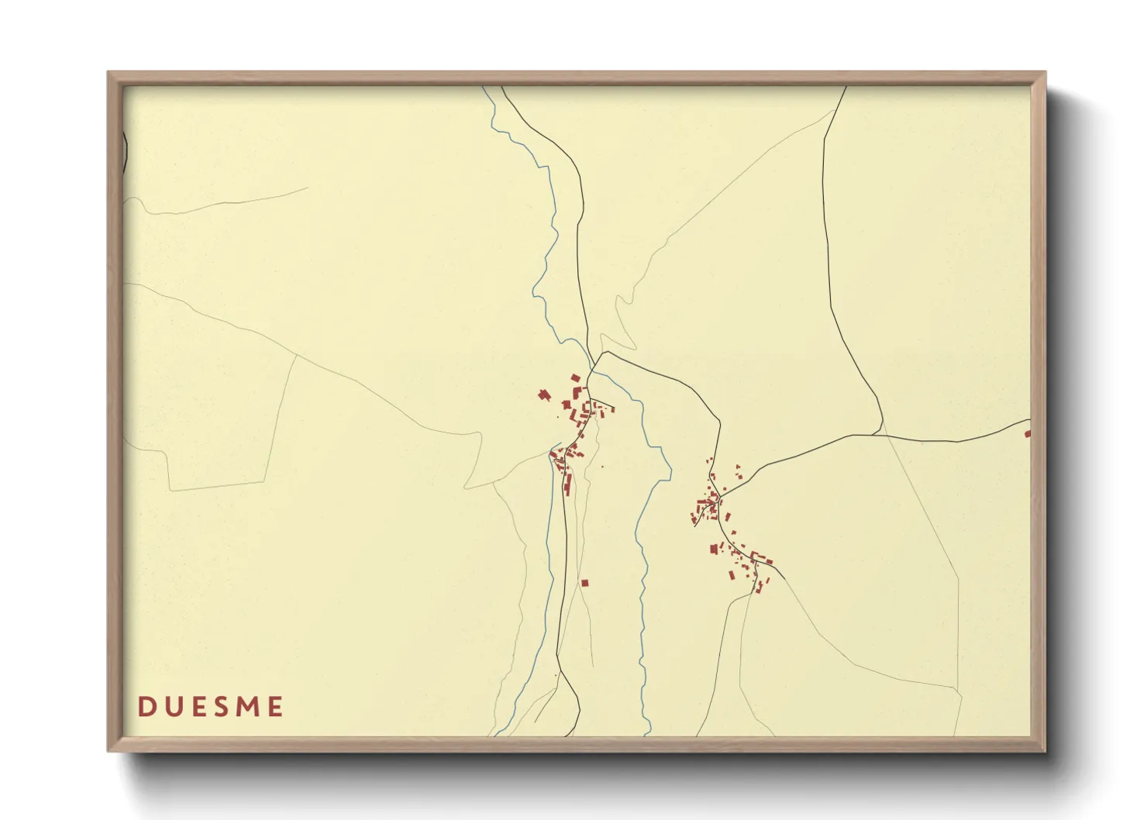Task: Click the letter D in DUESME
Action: coord(145,707)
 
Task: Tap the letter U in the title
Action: coord(172,707)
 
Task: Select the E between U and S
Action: coord(198,707)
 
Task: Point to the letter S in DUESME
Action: coord(222,707)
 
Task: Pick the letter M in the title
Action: coord(248,707)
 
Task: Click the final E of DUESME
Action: coord(275,707)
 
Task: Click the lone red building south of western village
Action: coord(585,583)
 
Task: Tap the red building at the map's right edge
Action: coord(1028,434)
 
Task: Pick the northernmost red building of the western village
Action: coord(576,378)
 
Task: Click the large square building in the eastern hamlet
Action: coord(714,549)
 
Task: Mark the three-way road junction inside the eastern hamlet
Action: coord(719,495)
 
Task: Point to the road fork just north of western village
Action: coord(594,364)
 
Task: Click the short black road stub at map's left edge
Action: coord(125,151)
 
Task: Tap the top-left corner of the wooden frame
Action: coord(108,73)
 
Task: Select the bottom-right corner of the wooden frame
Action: coord(1045,751)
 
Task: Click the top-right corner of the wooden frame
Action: coord(1045,73)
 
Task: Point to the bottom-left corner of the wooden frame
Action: coord(108,751)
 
